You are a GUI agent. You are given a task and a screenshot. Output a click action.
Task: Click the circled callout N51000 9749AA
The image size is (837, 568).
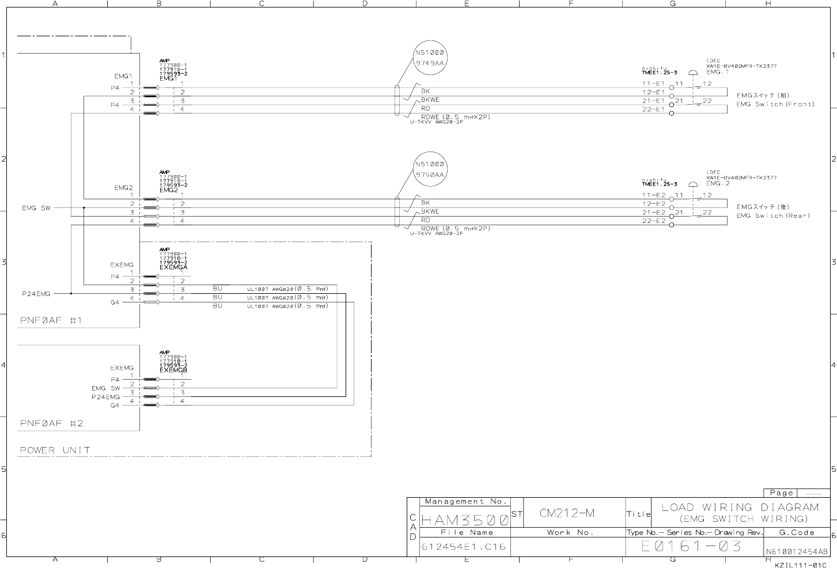[x=430, y=58]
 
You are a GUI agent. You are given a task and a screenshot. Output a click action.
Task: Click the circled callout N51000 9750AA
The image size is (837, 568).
[x=430, y=169]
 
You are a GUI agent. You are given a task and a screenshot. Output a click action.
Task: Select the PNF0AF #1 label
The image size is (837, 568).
[x=51, y=320]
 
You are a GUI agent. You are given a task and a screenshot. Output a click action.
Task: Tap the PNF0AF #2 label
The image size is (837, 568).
[x=51, y=423]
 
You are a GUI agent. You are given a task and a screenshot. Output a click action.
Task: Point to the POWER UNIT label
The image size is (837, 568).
[x=55, y=450]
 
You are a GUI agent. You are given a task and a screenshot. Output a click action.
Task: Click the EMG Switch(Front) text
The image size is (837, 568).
[x=775, y=104]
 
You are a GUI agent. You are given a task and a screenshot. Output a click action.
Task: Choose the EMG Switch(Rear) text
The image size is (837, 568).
[x=773, y=215]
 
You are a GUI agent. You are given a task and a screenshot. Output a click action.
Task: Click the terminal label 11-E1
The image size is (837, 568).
[x=654, y=84]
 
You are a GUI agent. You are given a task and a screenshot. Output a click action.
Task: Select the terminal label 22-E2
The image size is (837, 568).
[x=654, y=221]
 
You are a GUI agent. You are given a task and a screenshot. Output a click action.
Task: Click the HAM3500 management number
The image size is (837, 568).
[x=465, y=520]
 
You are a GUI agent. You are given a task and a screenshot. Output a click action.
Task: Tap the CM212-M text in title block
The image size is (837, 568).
[x=567, y=513]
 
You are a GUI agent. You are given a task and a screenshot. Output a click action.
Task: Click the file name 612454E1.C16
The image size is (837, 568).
[x=464, y=547]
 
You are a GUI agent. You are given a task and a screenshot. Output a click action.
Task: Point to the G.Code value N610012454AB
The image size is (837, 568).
[x=797, y=551]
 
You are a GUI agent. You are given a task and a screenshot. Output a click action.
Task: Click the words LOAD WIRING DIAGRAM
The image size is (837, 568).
[x=740, y=508]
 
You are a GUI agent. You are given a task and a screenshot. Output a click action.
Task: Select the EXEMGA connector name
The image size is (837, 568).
[x=173, y=267]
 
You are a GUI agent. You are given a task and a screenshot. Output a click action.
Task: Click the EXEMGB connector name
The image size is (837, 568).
[x=173, y=370]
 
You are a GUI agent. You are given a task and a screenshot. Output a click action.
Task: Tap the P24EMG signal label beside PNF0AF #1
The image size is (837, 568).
[x=36, y=294]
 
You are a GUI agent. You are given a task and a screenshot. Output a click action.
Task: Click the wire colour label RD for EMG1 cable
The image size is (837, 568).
[x=426, y=108]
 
